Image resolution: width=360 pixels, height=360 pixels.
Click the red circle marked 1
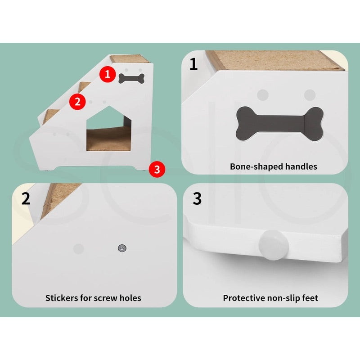click(107, 73)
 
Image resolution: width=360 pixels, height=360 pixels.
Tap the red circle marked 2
click(78, 101)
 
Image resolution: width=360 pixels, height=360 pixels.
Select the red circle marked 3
click(157, 169)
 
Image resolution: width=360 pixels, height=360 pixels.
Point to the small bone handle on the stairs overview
click(131, 78)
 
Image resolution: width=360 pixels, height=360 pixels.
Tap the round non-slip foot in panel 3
click(274, 243)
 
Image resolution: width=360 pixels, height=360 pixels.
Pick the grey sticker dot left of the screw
click(78, 248)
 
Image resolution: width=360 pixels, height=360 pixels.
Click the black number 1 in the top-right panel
click(193, 64)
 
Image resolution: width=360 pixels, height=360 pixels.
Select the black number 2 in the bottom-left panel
click(26, 198)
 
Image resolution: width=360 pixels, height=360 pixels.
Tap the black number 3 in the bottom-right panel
click(197, 198)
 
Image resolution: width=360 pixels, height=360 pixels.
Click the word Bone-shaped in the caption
click(252, 166)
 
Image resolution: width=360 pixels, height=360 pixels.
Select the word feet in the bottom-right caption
click(310, 298)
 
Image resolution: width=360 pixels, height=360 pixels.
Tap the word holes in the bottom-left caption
click(130, 298)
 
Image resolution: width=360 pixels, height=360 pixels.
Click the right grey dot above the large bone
click(310, 94)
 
